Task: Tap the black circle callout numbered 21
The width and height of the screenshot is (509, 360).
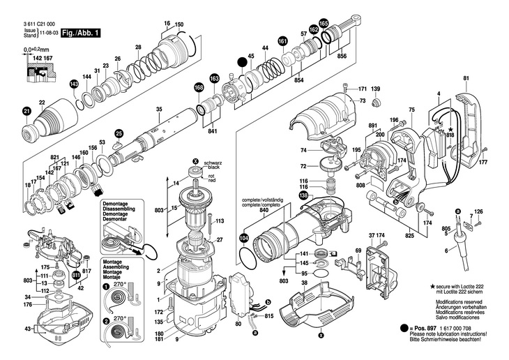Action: click(26, 112)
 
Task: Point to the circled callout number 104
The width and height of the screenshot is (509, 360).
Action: click(243, 238)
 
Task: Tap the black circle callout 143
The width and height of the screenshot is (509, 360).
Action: click(74, 84)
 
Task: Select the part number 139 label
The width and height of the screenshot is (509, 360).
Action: click(375, 89)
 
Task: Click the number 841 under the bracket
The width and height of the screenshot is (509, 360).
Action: click(213, 132)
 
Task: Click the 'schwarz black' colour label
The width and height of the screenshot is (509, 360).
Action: click(213, 166)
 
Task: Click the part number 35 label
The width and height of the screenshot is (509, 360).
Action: click(158, 110)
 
